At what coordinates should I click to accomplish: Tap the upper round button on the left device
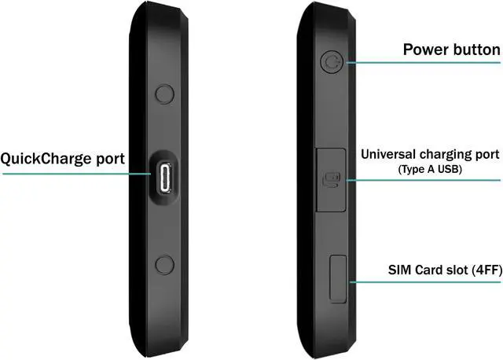[164, 94]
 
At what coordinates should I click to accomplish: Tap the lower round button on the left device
[164, 264]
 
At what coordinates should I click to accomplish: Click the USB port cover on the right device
[330, 181]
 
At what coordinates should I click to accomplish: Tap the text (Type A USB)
[430, 169]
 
